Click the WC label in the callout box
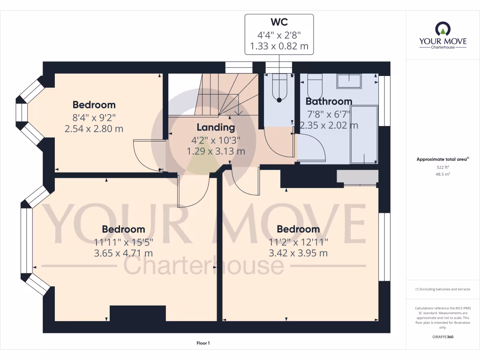pyautogui.click(x=279, y=22)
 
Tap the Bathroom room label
pyautogui.click(x=329, y=101)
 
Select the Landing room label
pyautogui.click(x=215, y=127)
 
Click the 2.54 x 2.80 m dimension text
pyautogui.click(x=94, y=128)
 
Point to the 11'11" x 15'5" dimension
pyautogui.click(x=123, y=242)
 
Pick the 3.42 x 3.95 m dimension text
pyautogui.click(x=298, y=254)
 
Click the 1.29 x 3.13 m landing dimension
pyautogui.click(x=216, y=151)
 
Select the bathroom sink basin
pyautogui.click(x=349, y=81)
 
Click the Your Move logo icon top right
pyautogui.click(x=442, y=29)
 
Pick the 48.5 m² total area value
pyautogui.click(x=442, y=174)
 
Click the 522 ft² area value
pyautogui.click(x=442, y=167)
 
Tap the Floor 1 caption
pyautogui.click(x=202, y=344)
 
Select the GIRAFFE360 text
pyautogui.click(x=443, y=337)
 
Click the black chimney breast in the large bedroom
pyautogui.click(x=137, y=313)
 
